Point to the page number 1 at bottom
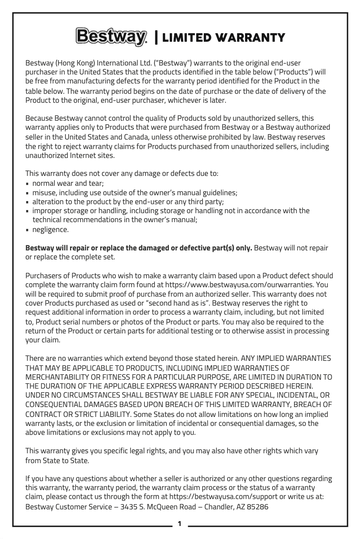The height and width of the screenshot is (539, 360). pos(180,523)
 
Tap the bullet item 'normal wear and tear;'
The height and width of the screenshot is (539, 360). pos(68,184)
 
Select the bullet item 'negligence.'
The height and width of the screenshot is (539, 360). pos(51,229)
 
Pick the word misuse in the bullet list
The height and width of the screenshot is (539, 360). pos(44,193)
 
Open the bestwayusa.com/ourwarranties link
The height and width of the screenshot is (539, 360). pos(240,285)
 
